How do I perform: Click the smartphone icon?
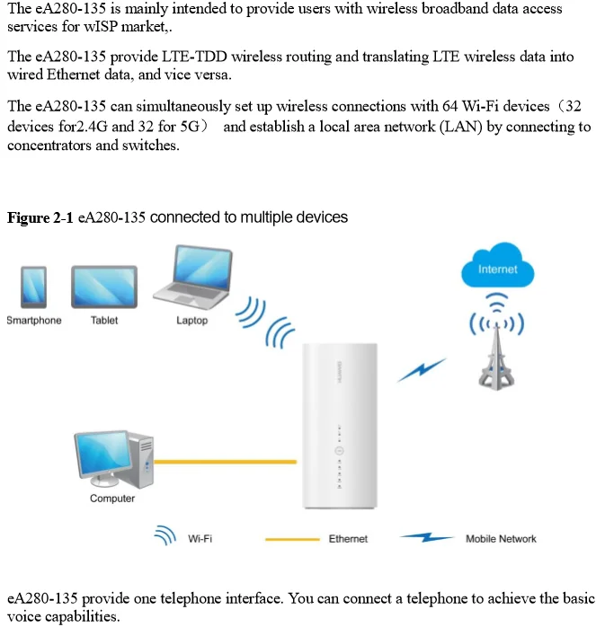[33, 287]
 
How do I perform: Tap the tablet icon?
[103, 287]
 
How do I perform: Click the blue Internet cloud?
[497, 268]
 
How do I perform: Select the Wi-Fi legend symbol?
[165, 537]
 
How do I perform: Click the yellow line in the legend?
[292, 539]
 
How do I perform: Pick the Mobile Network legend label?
[501, 539]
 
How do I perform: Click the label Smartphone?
[34, 321]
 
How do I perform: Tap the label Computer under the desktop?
[112, 499]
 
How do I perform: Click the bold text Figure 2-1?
[40, 218]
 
